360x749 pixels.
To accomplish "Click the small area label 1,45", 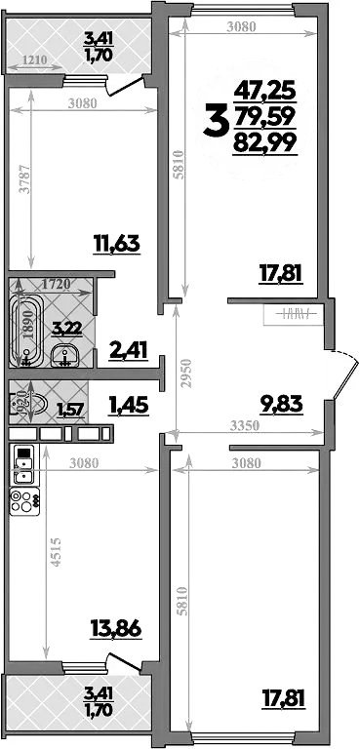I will (128, 404).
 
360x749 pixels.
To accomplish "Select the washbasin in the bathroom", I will (65, 356).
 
